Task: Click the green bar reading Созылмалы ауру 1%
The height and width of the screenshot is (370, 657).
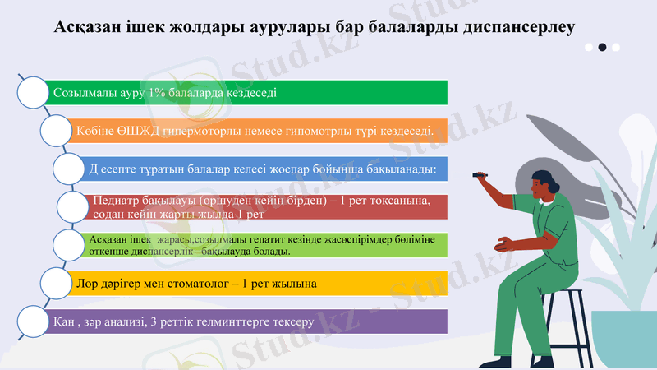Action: [x=246, y=93]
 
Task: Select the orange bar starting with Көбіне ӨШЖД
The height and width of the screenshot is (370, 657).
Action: [x=255, y=131]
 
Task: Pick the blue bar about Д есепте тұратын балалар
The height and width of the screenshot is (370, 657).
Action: [x=263, y=169]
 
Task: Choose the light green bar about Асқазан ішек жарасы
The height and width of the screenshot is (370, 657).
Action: [x=263, y=244]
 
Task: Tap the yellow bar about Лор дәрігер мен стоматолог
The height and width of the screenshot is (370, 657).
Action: [x=255, y=283]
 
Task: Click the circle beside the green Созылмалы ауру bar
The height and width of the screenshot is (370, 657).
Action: [x=34, y=93]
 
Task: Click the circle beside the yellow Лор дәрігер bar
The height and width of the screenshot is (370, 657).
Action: [x=57, y=283]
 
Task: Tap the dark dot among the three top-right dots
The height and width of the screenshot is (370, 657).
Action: [x=603, y=48]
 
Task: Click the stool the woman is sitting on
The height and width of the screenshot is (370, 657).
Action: [x=567, y=321]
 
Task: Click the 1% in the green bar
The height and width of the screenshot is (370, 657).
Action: [x=156, y=93]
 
